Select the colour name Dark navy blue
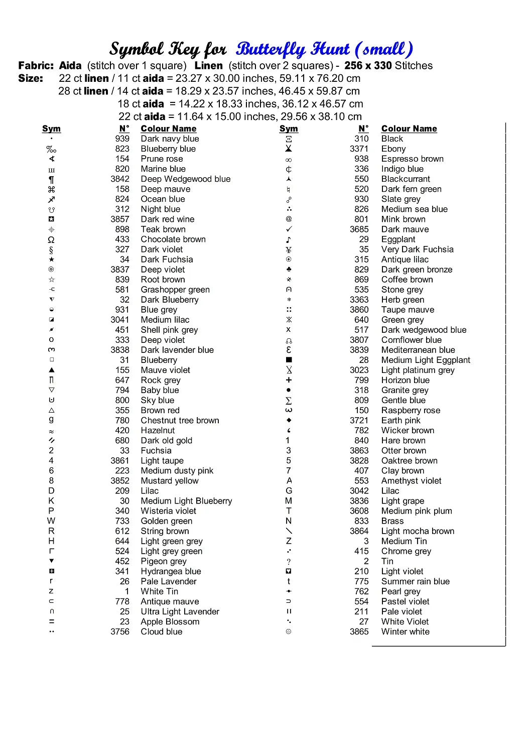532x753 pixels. tap(170, 139)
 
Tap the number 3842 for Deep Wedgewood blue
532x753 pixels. tap(120, 179)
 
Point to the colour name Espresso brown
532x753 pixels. tap(412, 159)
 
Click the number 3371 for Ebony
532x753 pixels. tap(359, 149)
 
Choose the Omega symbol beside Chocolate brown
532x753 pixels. tap(51, 240)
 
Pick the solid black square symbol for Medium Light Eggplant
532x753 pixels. tap(289, 360)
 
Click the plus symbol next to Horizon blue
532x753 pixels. tap(289, 380)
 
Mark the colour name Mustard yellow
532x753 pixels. tap(169, 481)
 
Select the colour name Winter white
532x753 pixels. tap(405, 632)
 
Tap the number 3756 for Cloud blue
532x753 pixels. tap(120, 632)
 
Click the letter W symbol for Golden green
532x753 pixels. tap(51, 521)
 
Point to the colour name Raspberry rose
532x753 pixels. tap(411, 410)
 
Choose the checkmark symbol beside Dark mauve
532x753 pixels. tap(289, 229)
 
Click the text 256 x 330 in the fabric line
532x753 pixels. tap(368, 66)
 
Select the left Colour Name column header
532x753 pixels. tap(168, 129)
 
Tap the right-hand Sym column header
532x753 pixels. tap(289, 129)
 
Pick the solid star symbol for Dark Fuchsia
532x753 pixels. tap(51, 260)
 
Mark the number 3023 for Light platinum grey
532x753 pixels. tap(359, 370)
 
